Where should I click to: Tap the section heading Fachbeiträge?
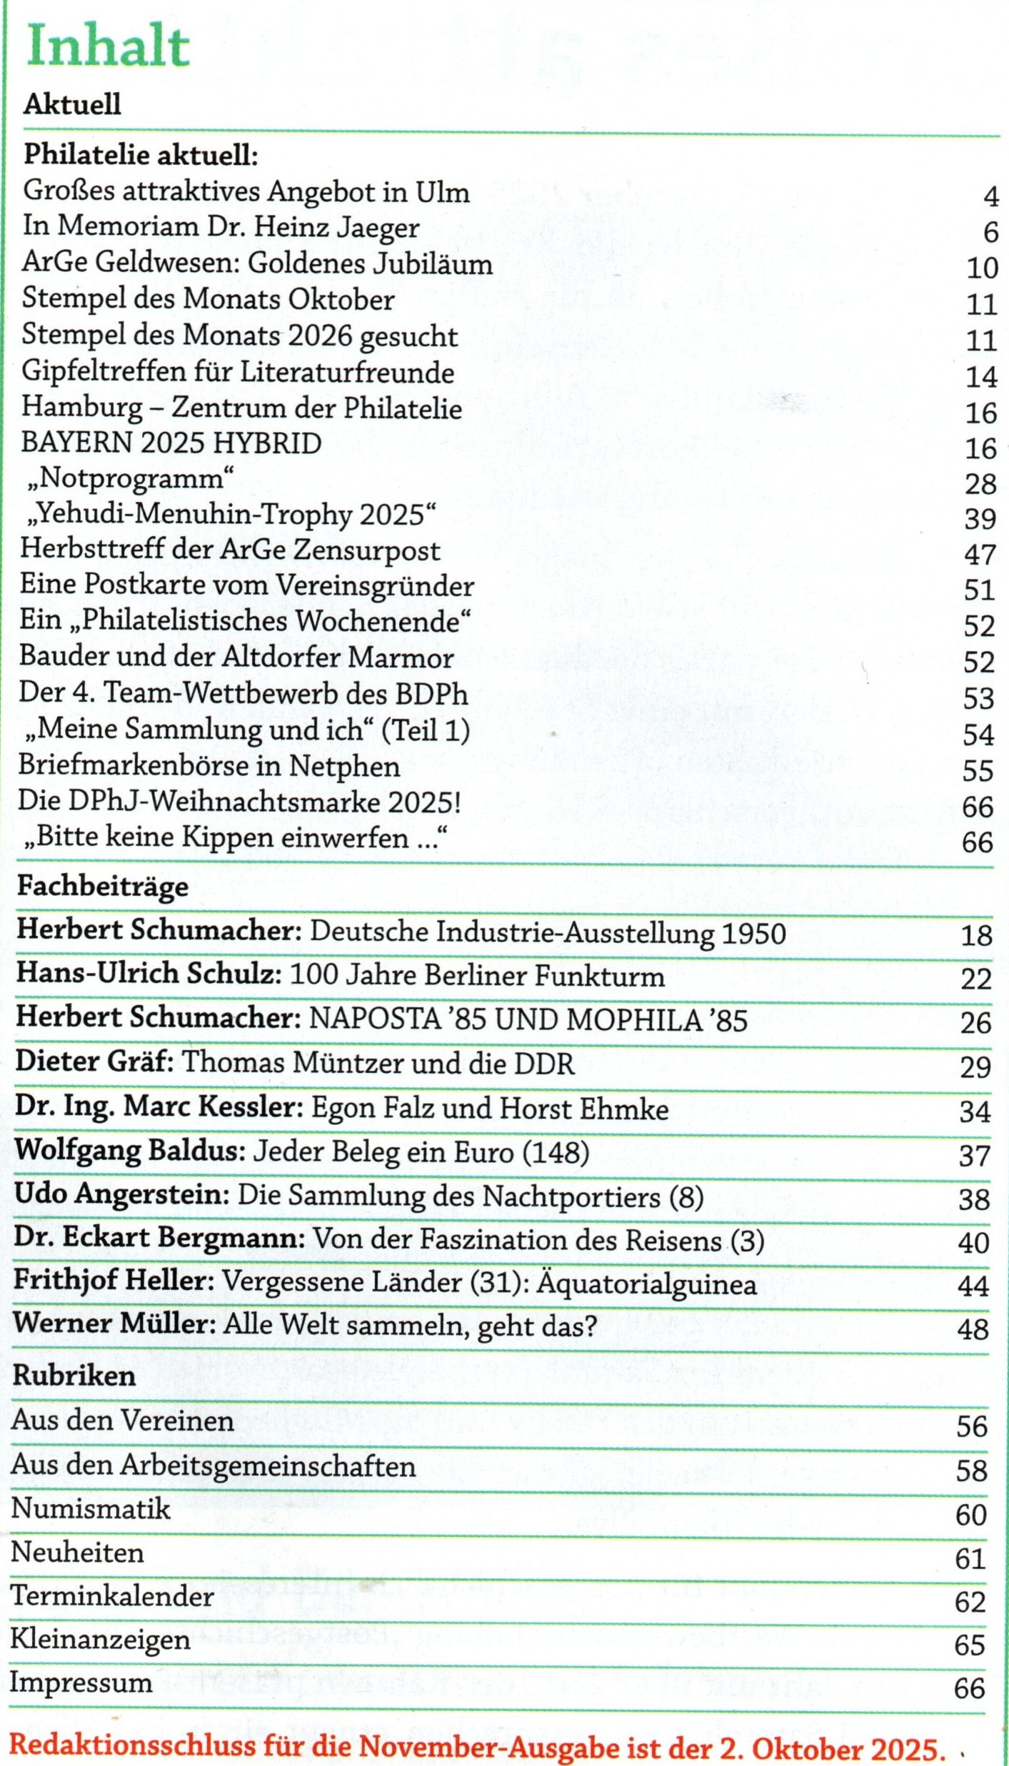tap(103, 887)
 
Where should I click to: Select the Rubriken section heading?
tap(74, 1376)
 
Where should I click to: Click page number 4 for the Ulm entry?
tap(990, 196)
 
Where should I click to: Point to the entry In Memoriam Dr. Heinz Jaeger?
tap(221, 228)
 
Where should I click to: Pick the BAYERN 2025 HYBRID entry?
tap(171, 443)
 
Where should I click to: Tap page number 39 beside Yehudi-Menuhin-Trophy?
tap(980, 519)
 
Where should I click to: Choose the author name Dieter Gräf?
tap(94, 1062)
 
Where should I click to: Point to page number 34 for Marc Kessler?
tap(975, 1112)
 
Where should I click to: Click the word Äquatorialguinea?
tap(646, 1285)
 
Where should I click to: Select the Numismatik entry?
tap(91, 1510)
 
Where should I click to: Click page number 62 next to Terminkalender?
tap(970, 1603)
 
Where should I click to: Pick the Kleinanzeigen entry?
tap(100, 1640)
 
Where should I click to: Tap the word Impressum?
tap(81, 1683)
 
